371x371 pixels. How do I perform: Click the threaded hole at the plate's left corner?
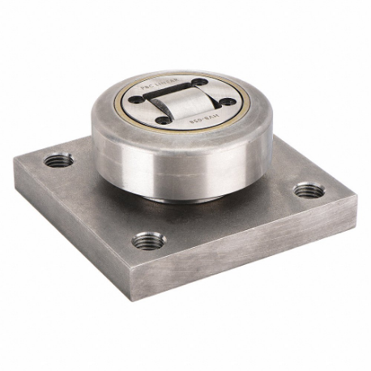(x=58, y=160)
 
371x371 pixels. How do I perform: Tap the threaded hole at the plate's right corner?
(x=308, y=190)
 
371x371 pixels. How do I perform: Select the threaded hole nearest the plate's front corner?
(x=149, y=240)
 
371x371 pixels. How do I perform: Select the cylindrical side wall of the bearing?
(x=182, y=166)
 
